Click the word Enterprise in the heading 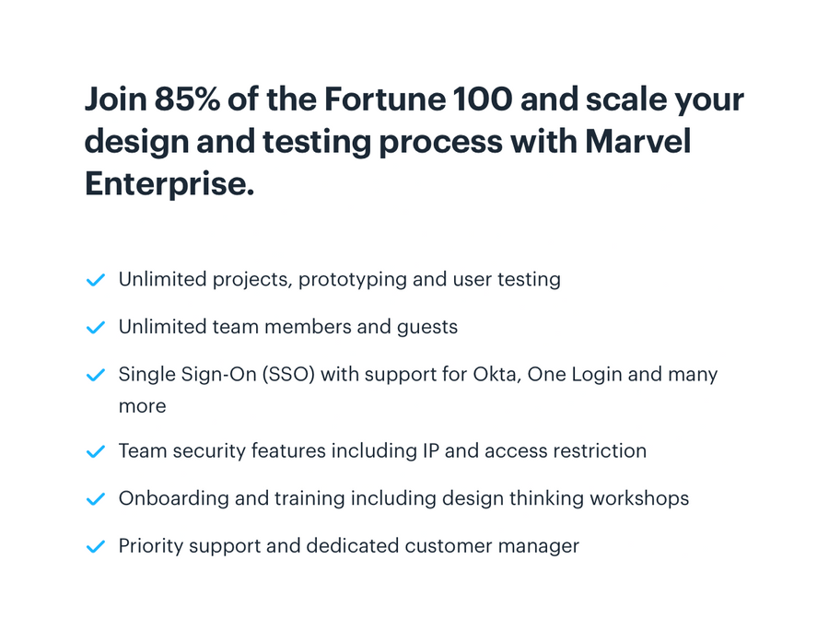pyautogui.click(x=169, y=184)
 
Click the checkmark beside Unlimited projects pyautogui.click(x=95, y=280)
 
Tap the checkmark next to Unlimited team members pyautogui.click(x=95, y=328)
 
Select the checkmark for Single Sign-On pyautogui.click(x=95, y=376)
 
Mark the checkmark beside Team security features pyautogui.click(x=95, y=452)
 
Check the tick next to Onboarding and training pyautogui.click(x=95, y=500)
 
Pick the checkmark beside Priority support pyautogui.click(x=95, y=548)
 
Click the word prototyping pyautogui.click(x=352, y=280)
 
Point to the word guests pyautogui.click(x=426, y=328)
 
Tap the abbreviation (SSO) pyautogui.click(x=300, y=375)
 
